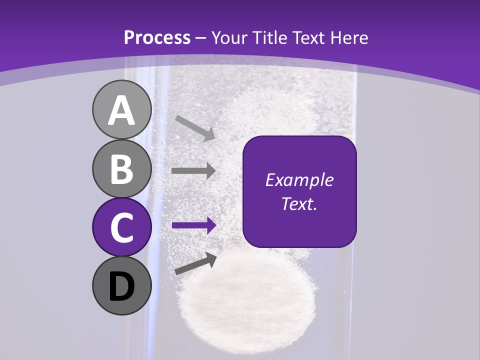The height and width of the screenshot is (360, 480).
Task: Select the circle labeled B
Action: point(121,168)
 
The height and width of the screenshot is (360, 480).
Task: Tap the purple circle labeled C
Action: point(121,227)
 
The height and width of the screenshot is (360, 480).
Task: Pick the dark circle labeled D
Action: point(121,286)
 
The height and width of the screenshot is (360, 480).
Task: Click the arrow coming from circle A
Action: point(194,127)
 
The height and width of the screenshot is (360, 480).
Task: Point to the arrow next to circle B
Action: point(193,170)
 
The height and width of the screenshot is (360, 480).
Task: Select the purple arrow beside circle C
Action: point(193,225)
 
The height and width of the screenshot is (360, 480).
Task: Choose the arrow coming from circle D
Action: point(195,263)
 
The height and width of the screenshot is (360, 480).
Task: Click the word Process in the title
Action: point(157,37)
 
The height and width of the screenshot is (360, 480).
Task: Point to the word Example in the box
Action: point(299,180)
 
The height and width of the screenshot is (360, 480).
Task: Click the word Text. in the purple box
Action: point(299,203)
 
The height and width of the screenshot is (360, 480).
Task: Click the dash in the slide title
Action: point(200,38)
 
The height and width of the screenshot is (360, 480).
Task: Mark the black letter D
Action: point(121,287)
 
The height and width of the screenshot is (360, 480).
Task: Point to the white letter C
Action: point(121,227)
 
